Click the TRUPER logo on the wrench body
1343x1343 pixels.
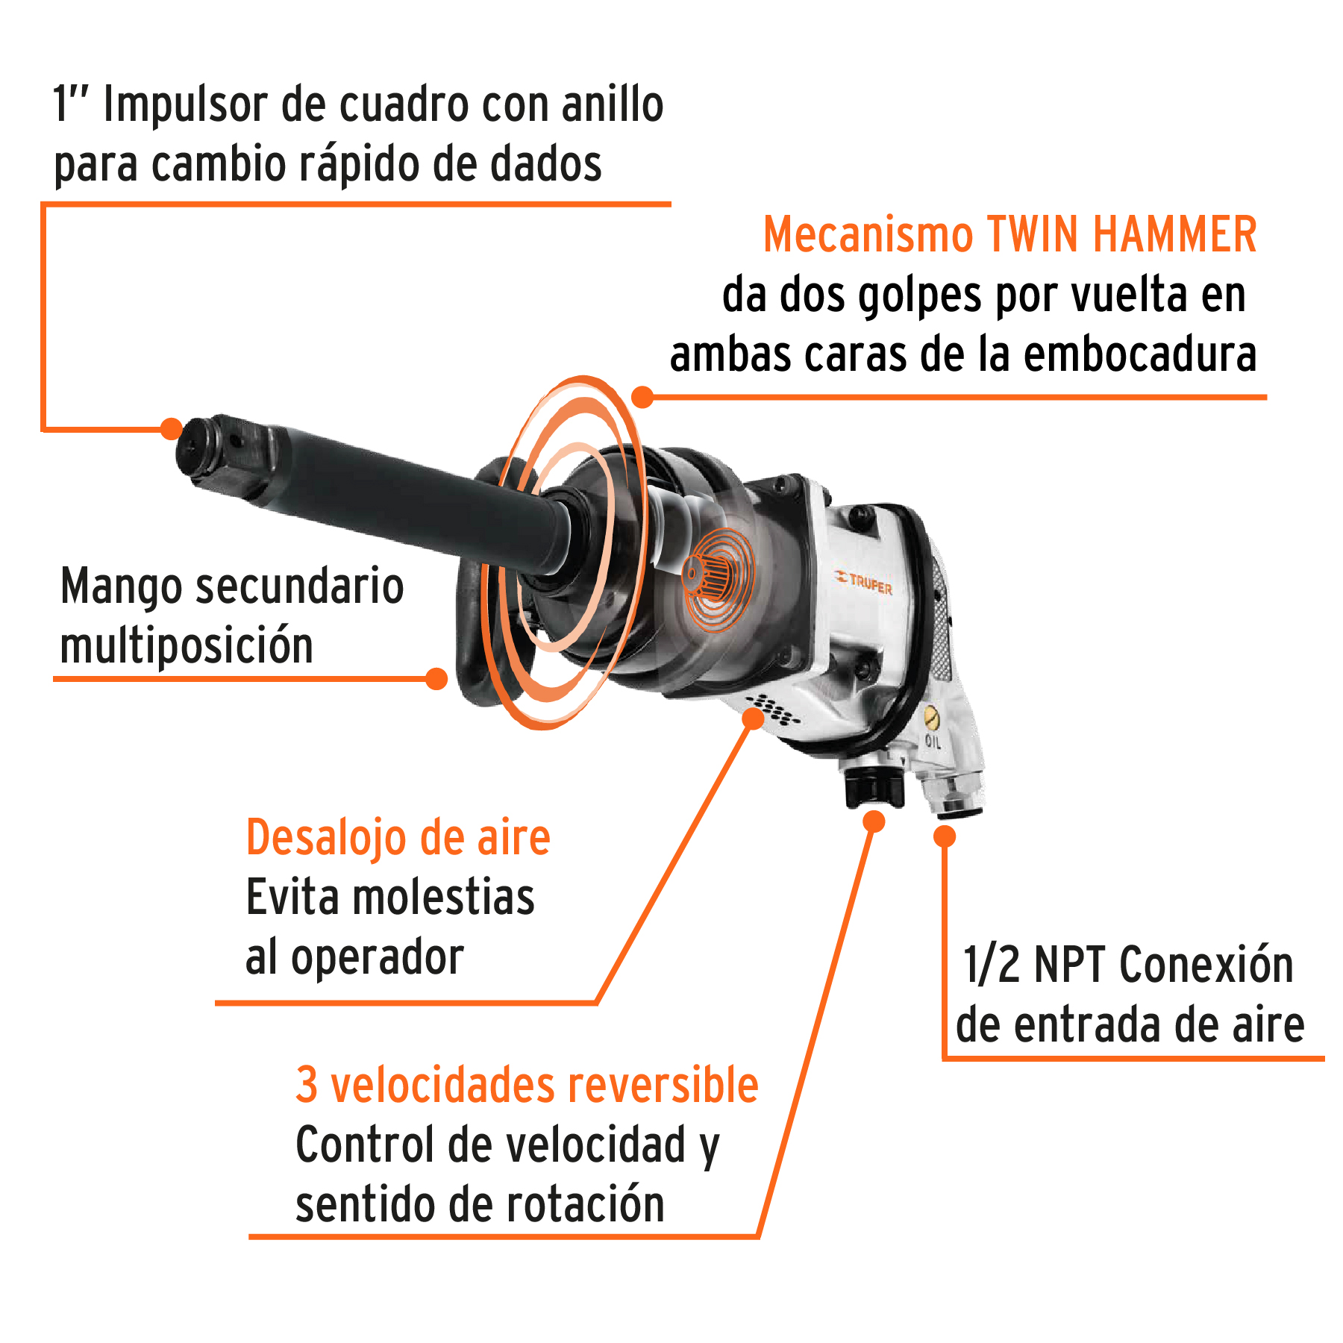864,582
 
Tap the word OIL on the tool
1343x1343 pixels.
933,741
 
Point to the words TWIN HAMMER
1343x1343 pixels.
1122,235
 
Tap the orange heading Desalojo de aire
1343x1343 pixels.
398,838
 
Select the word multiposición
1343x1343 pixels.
187,646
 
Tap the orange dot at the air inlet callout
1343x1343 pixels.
945,836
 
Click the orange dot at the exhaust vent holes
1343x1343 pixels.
754,719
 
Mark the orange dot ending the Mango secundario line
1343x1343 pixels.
436,678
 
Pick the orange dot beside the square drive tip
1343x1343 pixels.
172,428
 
